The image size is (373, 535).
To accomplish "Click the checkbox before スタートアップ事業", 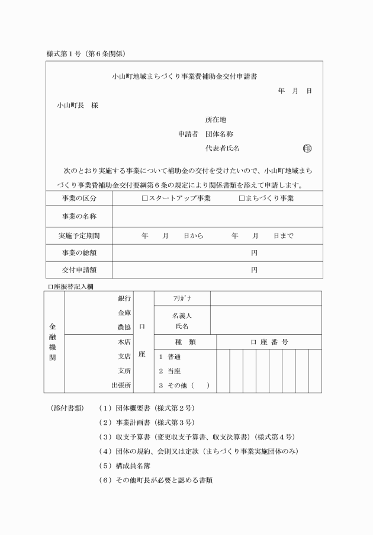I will click(x=145, y=198).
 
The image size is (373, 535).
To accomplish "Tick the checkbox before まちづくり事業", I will click(x=242, y=198).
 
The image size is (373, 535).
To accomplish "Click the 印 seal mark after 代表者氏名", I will click(x=307, y=148).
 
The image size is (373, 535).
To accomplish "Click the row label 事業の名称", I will click(x=79, y=216).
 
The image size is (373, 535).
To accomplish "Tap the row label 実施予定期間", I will click(x=79, y=235).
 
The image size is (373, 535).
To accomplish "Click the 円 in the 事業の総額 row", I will click(x=254, y=253).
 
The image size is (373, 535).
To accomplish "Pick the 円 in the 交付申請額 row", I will click(x=254, y=270).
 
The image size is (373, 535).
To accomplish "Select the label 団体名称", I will click(x=219, y=134).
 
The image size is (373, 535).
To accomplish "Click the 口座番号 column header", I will click(x=269, y=342).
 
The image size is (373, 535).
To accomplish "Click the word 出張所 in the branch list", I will click(x=121, y=385).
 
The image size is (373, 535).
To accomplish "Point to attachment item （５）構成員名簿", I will click(x=136, y=465).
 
